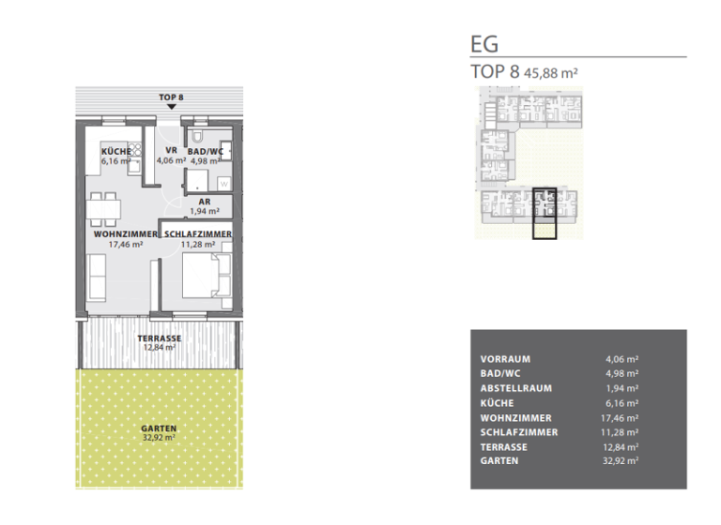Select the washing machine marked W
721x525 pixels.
click(224, 184)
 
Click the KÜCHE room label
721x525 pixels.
click(116, 150)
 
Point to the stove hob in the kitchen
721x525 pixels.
click(136, 150)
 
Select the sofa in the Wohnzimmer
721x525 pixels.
click(98, 274)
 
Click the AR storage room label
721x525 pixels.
click(203, 201)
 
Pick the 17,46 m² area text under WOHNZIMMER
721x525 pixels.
click(124, 244)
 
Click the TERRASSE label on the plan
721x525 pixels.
click(158, 337)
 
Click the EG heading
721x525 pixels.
click(484, 43)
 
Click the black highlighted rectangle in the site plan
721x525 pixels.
click(545, 215)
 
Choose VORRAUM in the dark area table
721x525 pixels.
click(505, 359)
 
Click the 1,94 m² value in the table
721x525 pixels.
click(622, 388)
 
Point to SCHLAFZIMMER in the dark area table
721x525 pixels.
click(518, 432)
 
